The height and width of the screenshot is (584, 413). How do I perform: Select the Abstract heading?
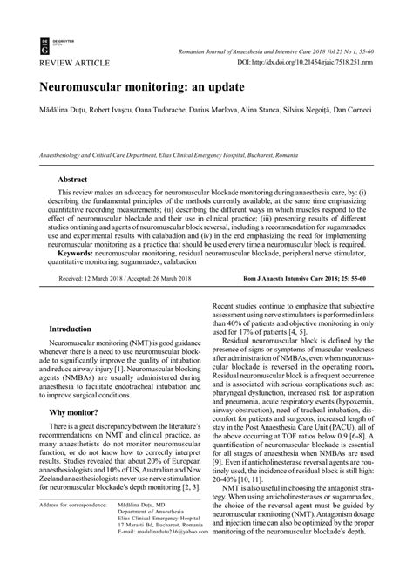tap(71, 176)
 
